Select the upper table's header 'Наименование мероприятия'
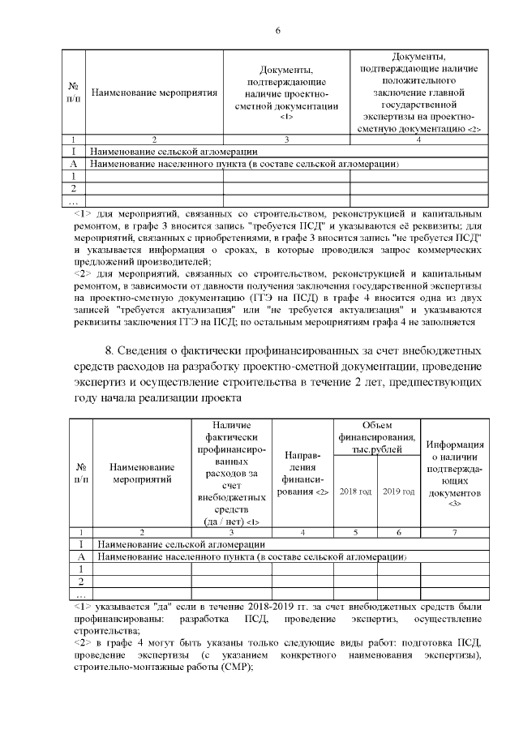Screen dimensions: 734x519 [x=154, y=92]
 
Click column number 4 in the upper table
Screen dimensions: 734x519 [x=418, y=140]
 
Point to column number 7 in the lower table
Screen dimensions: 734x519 [x=454, y=532]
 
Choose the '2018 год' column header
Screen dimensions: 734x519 [x=355, y=491]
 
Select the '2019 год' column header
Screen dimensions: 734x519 [x=399, y=491]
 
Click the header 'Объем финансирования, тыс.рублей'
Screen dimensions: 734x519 [x=377, y=438]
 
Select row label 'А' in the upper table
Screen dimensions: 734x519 [x=75, y=163]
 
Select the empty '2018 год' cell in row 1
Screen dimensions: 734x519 [x=355, y=569]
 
